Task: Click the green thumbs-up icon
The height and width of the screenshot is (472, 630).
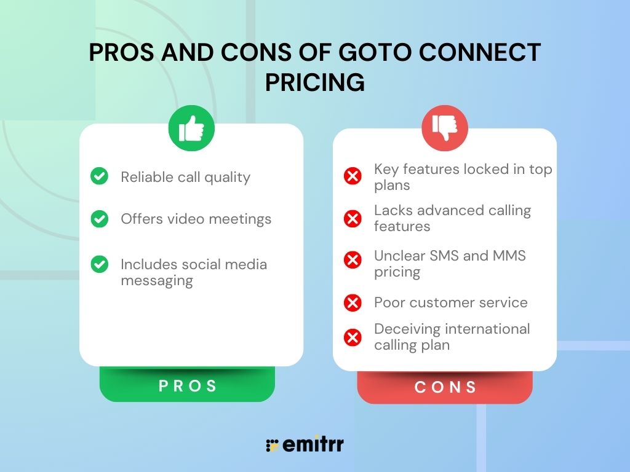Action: (x=191, y=128)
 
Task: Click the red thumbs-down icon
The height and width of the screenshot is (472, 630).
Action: (x=445, y=128)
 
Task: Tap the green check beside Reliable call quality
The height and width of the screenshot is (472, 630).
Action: (x=99, y=176)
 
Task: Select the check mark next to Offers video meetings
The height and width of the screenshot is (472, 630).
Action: (x=99, y=218)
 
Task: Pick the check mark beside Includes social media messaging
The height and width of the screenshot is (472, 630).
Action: (x=99, y=264)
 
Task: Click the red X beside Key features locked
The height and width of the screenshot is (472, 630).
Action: (x=353, y=177)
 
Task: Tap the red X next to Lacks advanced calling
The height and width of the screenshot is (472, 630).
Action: (x=353, y=218)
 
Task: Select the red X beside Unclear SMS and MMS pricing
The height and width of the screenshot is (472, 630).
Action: (x=353, y=260)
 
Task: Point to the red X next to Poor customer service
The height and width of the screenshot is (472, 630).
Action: (x=353, y=302)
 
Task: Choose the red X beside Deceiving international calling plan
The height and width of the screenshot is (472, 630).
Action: (x=353, y=337)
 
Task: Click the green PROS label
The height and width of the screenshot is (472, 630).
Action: (x=188, y=386)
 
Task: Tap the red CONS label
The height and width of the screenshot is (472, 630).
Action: (x=445, y=388)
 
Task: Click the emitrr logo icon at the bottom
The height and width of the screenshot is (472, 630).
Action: (x=272, y=446)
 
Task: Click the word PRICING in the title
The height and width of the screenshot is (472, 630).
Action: (x=314, y=82)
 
